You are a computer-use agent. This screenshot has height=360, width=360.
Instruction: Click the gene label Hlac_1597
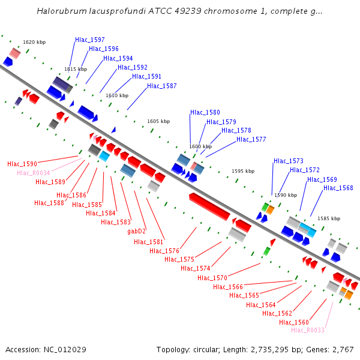pyautogui.click(x=90, y=40)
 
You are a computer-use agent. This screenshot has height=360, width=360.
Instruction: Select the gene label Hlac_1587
pyautogui.click(x=162, y=86)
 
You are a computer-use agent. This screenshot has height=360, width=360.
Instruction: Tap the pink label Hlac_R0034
pyautogui.click(x=34, y=173)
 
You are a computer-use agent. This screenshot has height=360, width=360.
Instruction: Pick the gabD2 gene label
pyautogui.click(x=136, y=231)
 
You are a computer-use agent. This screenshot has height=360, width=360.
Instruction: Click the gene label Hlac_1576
pyautogui.click(x=164, y=251)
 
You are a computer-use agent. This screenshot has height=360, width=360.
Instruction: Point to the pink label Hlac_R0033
pyautogui.click(x=307, y=330)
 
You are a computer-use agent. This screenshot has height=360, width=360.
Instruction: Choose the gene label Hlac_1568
pyautogui.click(x=338, y=188)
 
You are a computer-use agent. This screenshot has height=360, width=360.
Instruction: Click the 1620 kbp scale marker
pyautogui.click(x=34, y=43)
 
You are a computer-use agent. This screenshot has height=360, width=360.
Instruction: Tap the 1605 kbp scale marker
pyautogui.click(x=158, y=121)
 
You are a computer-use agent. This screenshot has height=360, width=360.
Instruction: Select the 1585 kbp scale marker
pyautogui.click(x=329, y=218)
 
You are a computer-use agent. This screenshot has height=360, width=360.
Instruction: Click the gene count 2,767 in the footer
pyautogui.click(x=341, y=350)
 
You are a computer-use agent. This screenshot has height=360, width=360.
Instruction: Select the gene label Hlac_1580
pyautogui.click(x=205, y=112)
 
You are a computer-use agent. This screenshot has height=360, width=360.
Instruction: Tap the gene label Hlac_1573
pyautogui.click(x=289, y=161)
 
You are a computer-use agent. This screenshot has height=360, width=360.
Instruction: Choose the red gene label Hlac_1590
pyautogui.click(x=22, y=164)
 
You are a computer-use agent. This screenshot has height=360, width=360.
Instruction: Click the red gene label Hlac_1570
pyautogui.click(x=212, y=278)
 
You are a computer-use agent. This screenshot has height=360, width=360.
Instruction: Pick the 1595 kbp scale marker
pyautogui.click(x=243, y=171)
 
